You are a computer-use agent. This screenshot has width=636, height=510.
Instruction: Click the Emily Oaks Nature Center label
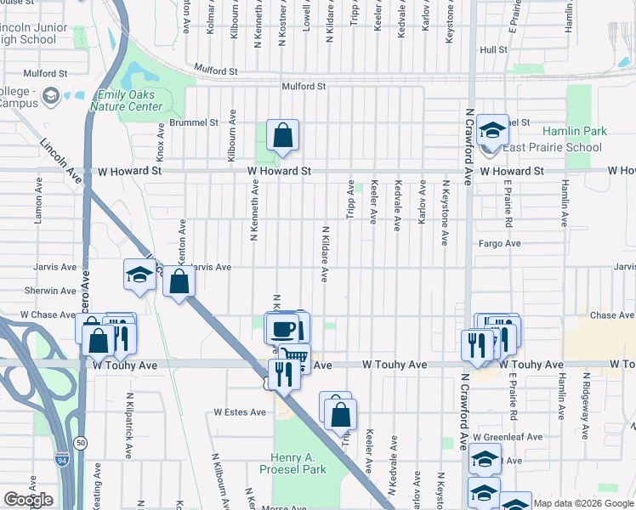point(129,101)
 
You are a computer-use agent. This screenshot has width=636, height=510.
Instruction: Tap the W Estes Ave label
point(240,412)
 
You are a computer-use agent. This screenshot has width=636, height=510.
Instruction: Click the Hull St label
point(493,50)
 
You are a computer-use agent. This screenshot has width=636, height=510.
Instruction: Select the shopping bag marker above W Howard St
point(282,134)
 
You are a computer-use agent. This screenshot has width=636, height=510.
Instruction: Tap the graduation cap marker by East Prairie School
point(491,130)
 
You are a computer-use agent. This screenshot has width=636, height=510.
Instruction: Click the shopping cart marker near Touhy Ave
point(294,358)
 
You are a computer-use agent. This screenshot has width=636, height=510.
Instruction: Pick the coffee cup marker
point(284,327)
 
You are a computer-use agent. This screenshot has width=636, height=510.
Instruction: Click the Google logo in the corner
point(28,500)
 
